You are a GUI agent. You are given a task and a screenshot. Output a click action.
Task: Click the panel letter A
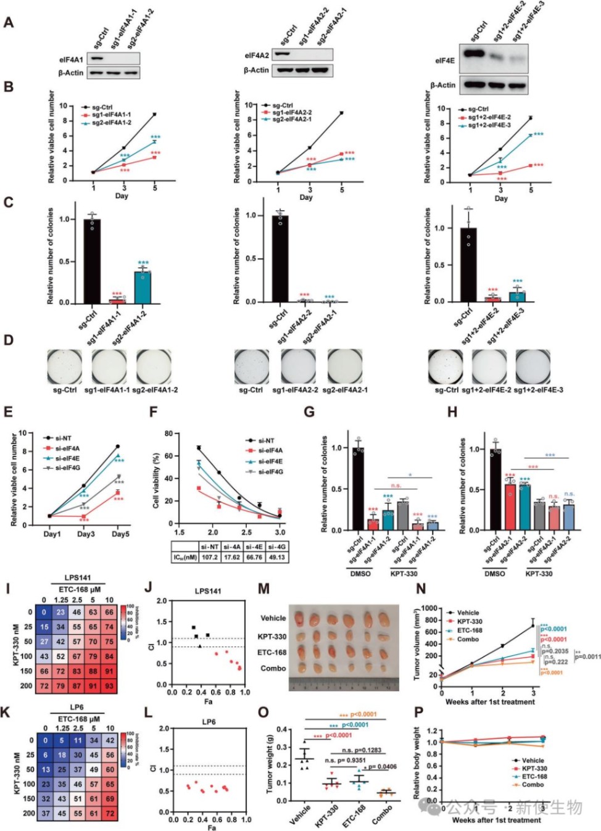9,23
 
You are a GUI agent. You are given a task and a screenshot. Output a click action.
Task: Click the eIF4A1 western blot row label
71,60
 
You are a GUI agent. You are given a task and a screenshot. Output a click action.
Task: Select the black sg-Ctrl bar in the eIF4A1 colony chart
92,261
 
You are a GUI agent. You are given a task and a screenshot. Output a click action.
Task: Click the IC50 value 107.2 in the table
209,557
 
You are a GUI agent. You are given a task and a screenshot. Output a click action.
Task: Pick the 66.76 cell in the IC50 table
254,557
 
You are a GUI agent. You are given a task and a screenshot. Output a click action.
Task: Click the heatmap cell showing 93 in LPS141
109,685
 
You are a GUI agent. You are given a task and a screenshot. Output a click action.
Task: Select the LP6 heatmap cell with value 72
109,813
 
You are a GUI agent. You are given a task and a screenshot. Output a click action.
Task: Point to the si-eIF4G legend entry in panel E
67,468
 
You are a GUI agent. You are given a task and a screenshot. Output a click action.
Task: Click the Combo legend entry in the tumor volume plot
467,639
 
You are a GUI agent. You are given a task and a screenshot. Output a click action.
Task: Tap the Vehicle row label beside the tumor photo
273,618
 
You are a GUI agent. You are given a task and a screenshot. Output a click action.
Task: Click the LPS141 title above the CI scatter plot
208,591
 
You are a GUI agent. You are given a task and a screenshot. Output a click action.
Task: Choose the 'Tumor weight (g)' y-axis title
270,764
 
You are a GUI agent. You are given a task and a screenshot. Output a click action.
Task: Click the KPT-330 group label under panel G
404,574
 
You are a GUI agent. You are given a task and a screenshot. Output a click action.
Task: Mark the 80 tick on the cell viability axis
168,434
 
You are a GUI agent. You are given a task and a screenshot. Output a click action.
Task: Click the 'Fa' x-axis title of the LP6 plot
211,828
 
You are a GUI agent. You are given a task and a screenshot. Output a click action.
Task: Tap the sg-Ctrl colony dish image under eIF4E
446,367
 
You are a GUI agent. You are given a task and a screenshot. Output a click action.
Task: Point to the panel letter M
263,589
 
